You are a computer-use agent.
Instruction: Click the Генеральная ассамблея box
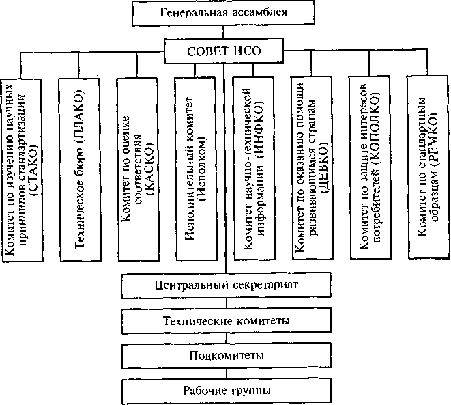click(224, 12)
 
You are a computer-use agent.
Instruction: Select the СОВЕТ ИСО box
click(224, 50)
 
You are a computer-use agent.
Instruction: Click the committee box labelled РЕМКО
click(427, 168)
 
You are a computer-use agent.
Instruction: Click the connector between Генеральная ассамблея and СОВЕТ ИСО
click(224, 31)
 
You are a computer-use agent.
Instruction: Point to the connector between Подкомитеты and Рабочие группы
click(225, 374)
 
